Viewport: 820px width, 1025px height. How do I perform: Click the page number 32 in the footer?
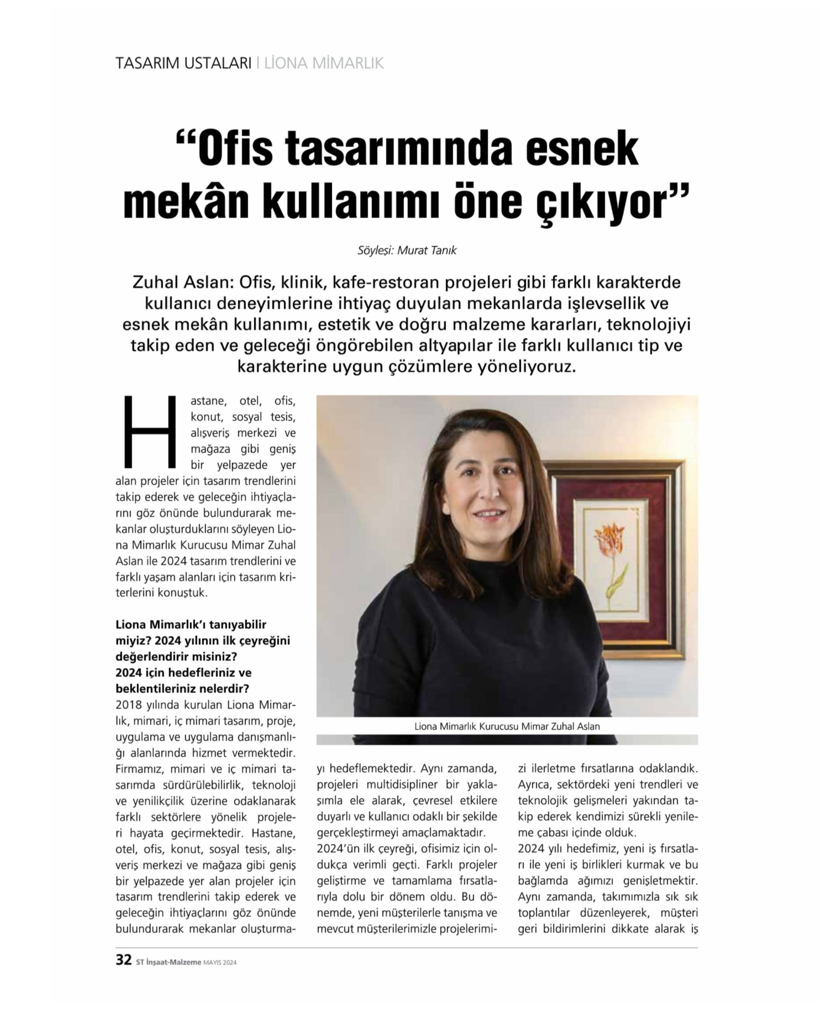[x=123, y=960]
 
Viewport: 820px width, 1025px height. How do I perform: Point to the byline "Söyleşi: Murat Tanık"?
[x=407, y=250]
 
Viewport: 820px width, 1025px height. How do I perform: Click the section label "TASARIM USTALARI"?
[x=183, y=63]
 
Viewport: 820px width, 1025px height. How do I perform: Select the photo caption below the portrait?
[x=507, y=726]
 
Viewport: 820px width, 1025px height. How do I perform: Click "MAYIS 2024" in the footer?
[x=220, y=963]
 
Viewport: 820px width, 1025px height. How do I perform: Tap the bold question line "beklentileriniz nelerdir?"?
[x=183, y=688]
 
